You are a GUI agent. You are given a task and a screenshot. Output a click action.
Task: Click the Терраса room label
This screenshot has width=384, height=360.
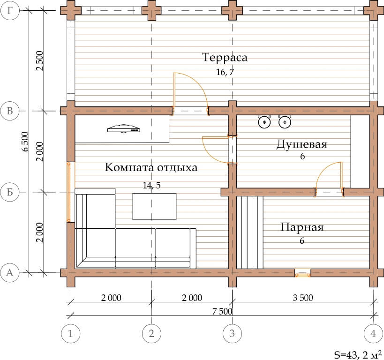click(225, 57)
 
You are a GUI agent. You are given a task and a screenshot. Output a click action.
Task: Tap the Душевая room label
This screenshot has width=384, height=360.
click(302, 144)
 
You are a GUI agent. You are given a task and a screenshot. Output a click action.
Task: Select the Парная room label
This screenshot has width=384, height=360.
click(302, 227)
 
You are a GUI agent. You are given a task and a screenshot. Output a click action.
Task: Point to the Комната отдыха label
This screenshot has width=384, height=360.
click(151, 167)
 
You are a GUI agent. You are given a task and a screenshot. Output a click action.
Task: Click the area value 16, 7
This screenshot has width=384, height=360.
click(225, 72)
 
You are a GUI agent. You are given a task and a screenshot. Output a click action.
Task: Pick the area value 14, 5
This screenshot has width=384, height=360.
click(151, 185)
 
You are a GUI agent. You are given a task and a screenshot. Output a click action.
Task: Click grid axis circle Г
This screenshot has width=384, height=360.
click(10, 10)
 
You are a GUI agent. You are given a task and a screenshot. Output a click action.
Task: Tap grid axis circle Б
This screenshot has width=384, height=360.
click(10, 192)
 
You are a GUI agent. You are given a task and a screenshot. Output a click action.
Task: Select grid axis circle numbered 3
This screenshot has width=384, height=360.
click(232, 333)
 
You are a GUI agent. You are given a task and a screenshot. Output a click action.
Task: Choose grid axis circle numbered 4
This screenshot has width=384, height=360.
click(373, 333)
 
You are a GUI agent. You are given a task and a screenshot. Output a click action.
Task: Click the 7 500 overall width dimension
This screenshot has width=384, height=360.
click(222, 311)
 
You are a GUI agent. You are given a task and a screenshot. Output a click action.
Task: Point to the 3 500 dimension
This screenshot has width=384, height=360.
click(303, 298)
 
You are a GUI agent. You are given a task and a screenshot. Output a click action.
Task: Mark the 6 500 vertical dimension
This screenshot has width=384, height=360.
click(25, 141)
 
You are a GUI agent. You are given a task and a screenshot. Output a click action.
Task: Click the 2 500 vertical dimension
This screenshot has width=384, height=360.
click(39, 61)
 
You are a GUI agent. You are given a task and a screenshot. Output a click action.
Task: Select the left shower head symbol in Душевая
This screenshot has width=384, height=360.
click(264, 122)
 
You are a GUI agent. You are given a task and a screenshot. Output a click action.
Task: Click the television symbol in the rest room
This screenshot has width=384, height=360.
click(124, 129)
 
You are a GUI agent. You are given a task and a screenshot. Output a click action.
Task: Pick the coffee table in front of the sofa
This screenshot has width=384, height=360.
click(154, 206)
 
